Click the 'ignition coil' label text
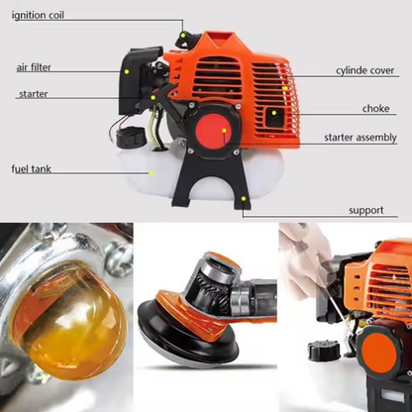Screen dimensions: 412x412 point(38,15)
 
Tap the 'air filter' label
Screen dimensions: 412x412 point(34,67)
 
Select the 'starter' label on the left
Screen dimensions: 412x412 point(34,94)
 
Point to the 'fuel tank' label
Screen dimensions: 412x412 point(32,169)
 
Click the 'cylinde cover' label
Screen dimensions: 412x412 point(365,70)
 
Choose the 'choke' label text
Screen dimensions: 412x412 point(375,108)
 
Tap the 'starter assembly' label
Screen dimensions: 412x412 point(360,138)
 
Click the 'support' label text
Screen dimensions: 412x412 point(366,210)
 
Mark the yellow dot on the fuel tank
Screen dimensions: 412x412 point(151,173)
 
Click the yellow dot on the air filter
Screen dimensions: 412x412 point(127,71)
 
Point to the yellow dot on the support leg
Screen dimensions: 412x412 point(244,199)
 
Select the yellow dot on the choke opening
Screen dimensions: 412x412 point(273,113)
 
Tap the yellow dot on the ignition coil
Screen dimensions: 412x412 point(182,35)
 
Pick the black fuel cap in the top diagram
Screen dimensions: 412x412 point(131,138)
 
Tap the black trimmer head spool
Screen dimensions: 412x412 point(188,335)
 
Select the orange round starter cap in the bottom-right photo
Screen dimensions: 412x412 point(378,355)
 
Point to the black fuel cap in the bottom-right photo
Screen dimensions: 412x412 point(324,351)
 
